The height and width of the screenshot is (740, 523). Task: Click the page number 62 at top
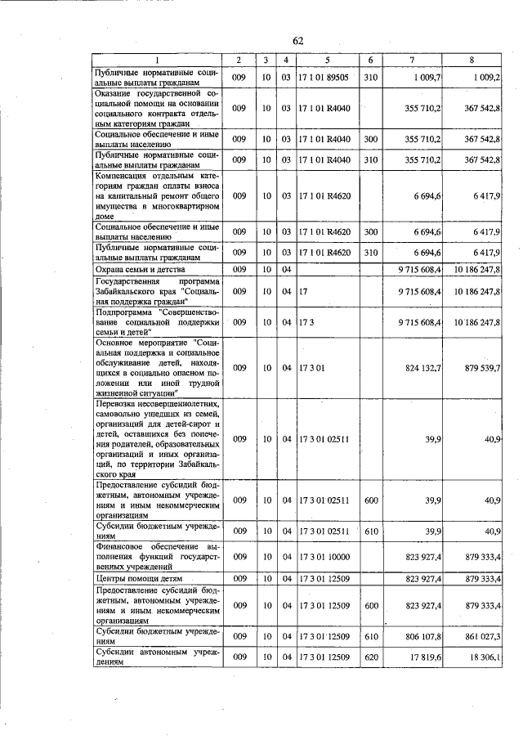(298, 41)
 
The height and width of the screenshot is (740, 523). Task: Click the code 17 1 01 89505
(324, 77)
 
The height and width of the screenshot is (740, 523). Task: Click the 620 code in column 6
(370, 657)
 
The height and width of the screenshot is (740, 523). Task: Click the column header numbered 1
(158, 61)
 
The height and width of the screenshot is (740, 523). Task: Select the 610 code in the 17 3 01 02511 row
(370, 531)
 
